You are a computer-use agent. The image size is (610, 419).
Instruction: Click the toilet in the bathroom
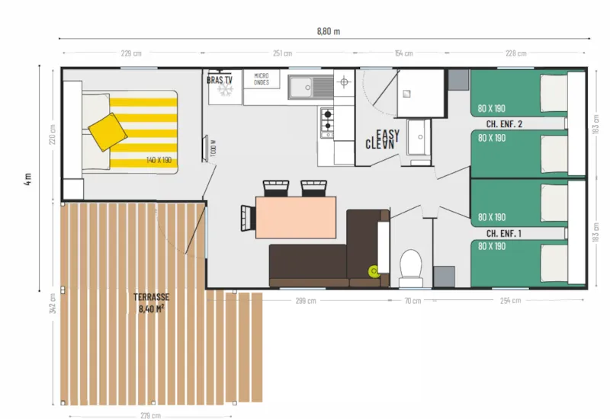click(411, 264)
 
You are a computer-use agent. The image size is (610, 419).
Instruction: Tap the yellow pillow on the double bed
click(108, 132)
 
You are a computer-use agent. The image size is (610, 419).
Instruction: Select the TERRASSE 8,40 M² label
click(152, 302)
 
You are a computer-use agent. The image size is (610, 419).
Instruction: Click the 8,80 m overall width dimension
click(328, 31)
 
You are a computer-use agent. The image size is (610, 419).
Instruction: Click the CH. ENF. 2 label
click(504, 123)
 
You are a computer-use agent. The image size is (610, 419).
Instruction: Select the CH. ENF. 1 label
click(504, 233)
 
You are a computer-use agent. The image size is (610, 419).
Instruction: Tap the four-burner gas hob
click(327, 121)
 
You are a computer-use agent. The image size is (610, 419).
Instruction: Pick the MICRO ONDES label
click(262, 78)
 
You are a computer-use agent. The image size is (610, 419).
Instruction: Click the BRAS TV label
click(220, 79)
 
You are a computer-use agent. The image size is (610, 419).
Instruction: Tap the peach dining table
click(296, 217)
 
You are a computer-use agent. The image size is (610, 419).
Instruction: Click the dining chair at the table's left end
click(247, 217)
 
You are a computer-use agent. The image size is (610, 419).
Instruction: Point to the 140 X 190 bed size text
click(159, 161)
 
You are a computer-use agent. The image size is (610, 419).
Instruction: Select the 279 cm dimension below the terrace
click(150, 415)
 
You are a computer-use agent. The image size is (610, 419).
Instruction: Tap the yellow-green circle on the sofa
click(374, 270)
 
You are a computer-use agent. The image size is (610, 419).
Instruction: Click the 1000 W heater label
click(212, 149)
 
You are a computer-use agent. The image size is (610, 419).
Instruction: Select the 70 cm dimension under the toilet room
click(412, 301)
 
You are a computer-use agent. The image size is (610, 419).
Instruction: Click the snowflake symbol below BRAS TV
click(224, 91)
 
